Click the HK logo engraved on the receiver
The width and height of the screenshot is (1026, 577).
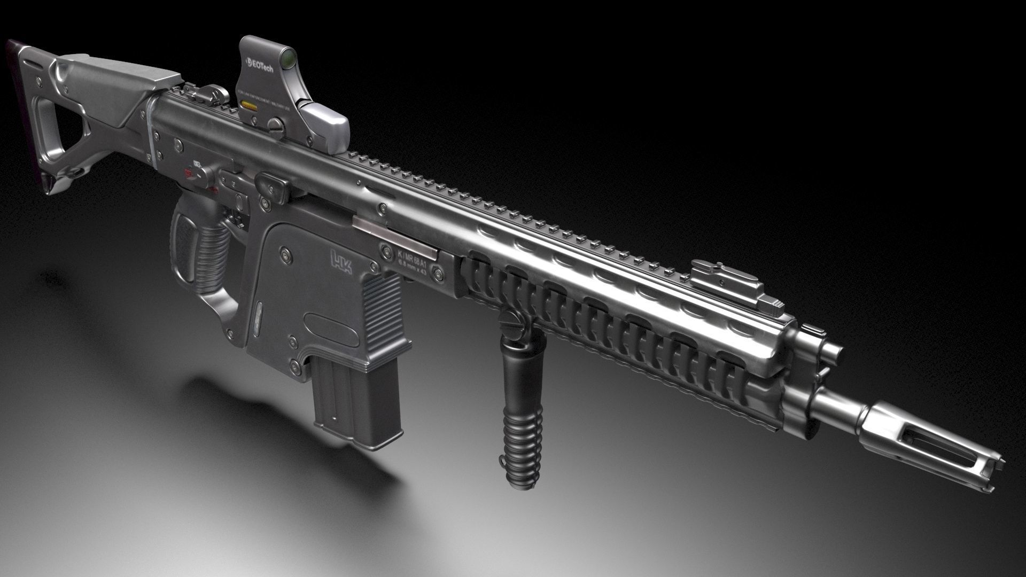click(x=342, y=263)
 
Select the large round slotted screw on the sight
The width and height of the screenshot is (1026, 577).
click(x=276, y=126)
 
